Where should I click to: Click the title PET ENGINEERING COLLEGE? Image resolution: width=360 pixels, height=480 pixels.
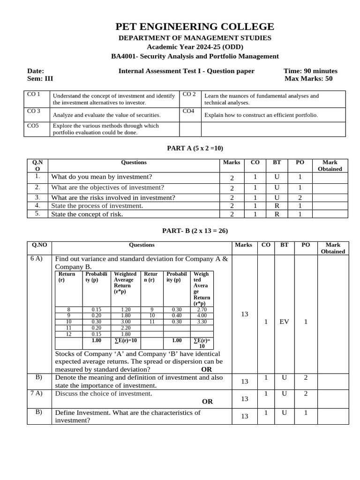pyautogui.click(x=195, y=26)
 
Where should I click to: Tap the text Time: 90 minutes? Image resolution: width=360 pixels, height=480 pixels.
pyautogui.click(x=310, y=71)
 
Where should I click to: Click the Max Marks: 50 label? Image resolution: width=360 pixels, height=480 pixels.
pyautogui.click(x=308, y=78)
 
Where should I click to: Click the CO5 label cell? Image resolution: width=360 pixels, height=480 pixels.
pyautogui.click(x=33, y=126)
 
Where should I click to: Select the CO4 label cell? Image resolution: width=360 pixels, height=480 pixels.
pyautogui.click(x=188, y=111)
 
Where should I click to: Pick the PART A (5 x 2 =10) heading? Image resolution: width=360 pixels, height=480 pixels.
pyautogui.click(x=195, y=148)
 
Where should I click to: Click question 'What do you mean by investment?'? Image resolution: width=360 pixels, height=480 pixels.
pyautogui.click(x=102, y=177)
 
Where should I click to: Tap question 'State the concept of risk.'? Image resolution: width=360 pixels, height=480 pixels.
pyautogui.click(x=87, y=214)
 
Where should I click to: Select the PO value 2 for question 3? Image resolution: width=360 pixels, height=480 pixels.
pyautogui.click(x=300, y=197)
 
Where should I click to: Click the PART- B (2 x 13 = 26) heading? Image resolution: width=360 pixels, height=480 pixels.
pyautogui.click(x=195, y=231)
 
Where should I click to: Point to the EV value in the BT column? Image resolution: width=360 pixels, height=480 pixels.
pyautogui.click(x=284, y=322)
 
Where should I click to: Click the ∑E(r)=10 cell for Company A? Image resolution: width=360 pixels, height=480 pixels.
pyautogui.click(x=125, y=340)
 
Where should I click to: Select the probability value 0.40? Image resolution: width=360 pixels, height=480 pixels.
pyautogui.click(x=176, y=316)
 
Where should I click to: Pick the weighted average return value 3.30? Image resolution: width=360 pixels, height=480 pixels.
pyautogui.click(x=202, y=322)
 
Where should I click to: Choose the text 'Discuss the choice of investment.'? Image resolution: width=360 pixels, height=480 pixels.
pyautogui.click(x=104, y=393)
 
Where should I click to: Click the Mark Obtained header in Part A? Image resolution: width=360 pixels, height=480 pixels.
pyautogui.click(x=330, y=165)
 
